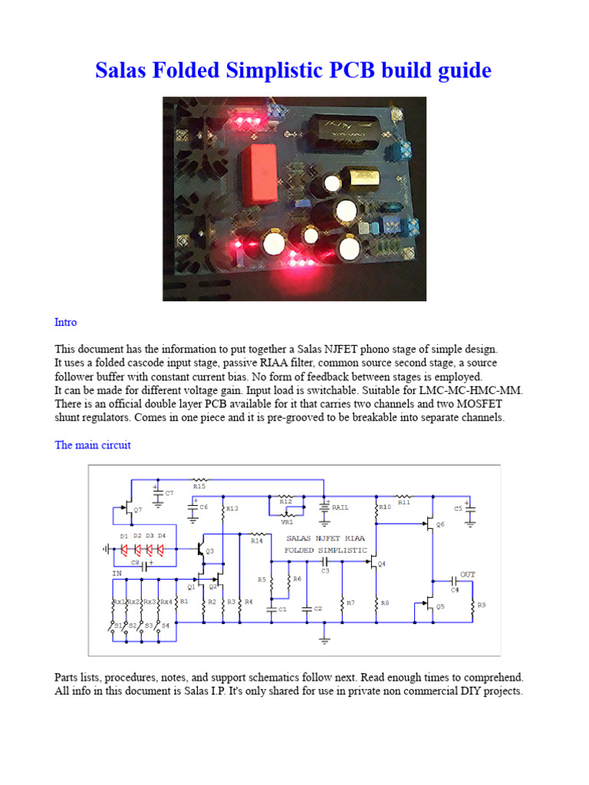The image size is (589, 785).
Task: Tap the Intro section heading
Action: click(65, 322)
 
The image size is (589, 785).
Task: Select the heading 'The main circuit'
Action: click(92, 445)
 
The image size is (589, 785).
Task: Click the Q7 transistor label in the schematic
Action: click(137, 510)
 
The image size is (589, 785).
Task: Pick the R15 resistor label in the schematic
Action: click(199, 486)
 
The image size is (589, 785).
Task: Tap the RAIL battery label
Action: click(341, 507)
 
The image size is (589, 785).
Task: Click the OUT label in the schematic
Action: click(468, 574)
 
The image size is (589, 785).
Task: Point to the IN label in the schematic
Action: click(117, 572)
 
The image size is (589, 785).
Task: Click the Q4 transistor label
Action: click(382, 564)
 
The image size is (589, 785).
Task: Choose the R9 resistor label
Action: click(482, 606)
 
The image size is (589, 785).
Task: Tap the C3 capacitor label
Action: click(325, 570)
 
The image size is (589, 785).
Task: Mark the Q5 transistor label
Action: click(440, 606)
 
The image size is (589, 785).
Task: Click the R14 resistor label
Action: click(256, 540)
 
